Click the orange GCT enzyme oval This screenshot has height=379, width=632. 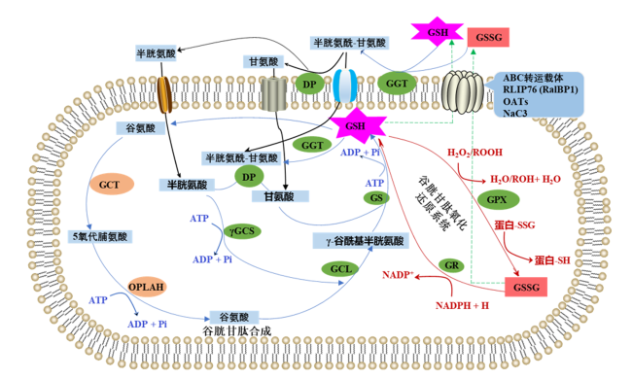point(109,185)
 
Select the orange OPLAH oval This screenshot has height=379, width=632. point(146,287)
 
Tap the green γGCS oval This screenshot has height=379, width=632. point(242,231)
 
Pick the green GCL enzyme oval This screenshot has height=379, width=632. point(341,268)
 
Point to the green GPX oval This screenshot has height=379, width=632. point(498,200)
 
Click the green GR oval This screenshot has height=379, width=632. point(451,265)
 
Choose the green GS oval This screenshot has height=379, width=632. point(376,197)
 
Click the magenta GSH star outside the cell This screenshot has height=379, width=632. point(437,32)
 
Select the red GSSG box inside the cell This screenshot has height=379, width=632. point(526,288)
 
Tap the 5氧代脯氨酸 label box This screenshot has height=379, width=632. point(99,236)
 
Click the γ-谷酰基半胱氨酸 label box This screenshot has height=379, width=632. point(361,241)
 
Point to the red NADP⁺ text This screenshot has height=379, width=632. point(399,275)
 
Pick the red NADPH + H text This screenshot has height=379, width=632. point(462,306)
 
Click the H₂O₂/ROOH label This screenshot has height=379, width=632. point(474,153)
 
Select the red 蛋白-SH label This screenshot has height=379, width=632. point(552,260)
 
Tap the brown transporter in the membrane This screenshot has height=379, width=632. point(164,95)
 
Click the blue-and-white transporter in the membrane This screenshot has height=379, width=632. point(344,86)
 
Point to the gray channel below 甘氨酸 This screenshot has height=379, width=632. point(273,94)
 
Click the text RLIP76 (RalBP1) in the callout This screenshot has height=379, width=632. point(540,89)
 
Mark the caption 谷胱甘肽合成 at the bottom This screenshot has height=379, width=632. point(237,331)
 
